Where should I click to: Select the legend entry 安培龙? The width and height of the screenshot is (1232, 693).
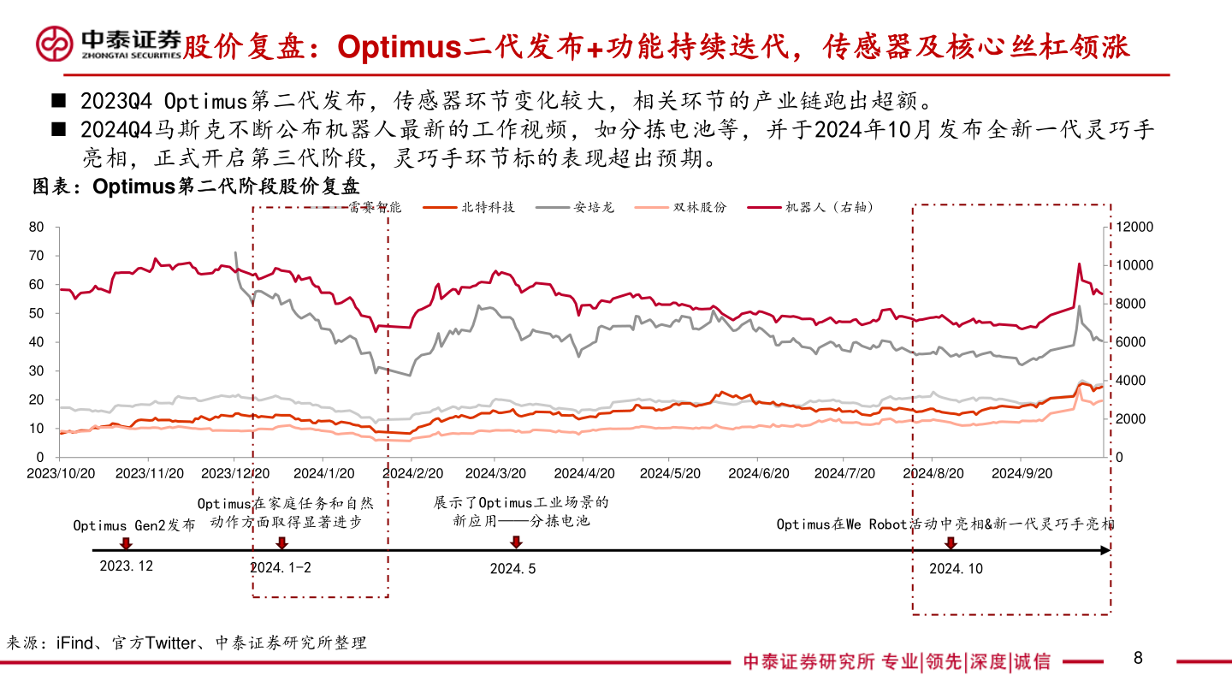pos(594,207)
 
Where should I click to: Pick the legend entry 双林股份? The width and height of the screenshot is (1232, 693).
pos(700,207)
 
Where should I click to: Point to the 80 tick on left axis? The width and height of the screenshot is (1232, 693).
pos(36,227)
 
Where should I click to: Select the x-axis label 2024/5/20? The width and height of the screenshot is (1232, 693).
pos(671,472)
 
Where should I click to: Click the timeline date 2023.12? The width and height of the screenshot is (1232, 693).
pos(126,566)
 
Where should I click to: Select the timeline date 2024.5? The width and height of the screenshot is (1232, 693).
pos(513,568)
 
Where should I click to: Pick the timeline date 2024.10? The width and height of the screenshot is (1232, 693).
pos(956,568)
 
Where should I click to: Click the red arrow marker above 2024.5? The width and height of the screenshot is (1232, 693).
pos(516,542)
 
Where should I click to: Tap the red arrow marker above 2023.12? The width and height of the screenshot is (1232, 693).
pos(126,542)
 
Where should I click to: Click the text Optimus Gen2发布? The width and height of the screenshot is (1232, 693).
pos(133,524)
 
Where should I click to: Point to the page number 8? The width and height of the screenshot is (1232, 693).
pos(1138,658)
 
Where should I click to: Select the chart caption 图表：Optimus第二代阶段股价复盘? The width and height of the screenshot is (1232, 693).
pos(196,187)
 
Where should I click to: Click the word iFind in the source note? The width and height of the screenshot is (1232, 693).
pos(74,643)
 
